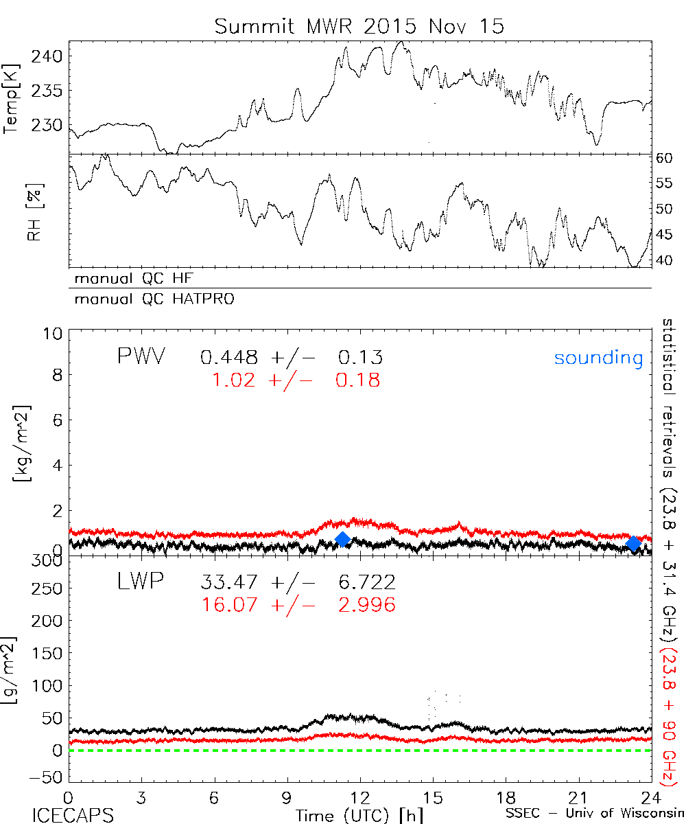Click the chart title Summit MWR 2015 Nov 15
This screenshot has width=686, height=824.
tap(359, 26)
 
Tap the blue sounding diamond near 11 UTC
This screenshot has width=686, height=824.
tap(343, 539)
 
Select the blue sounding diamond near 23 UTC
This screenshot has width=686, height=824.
tap(634, 543)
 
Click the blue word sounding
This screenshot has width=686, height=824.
tap(598, 358)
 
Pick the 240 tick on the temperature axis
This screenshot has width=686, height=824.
tap(50, 56)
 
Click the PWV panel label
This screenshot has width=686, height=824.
tap(141, 357)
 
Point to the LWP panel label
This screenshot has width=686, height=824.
tap(140, 582)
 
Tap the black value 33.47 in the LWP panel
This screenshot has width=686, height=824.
tap(229, 583)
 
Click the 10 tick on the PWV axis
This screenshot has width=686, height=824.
tap(54, 334)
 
